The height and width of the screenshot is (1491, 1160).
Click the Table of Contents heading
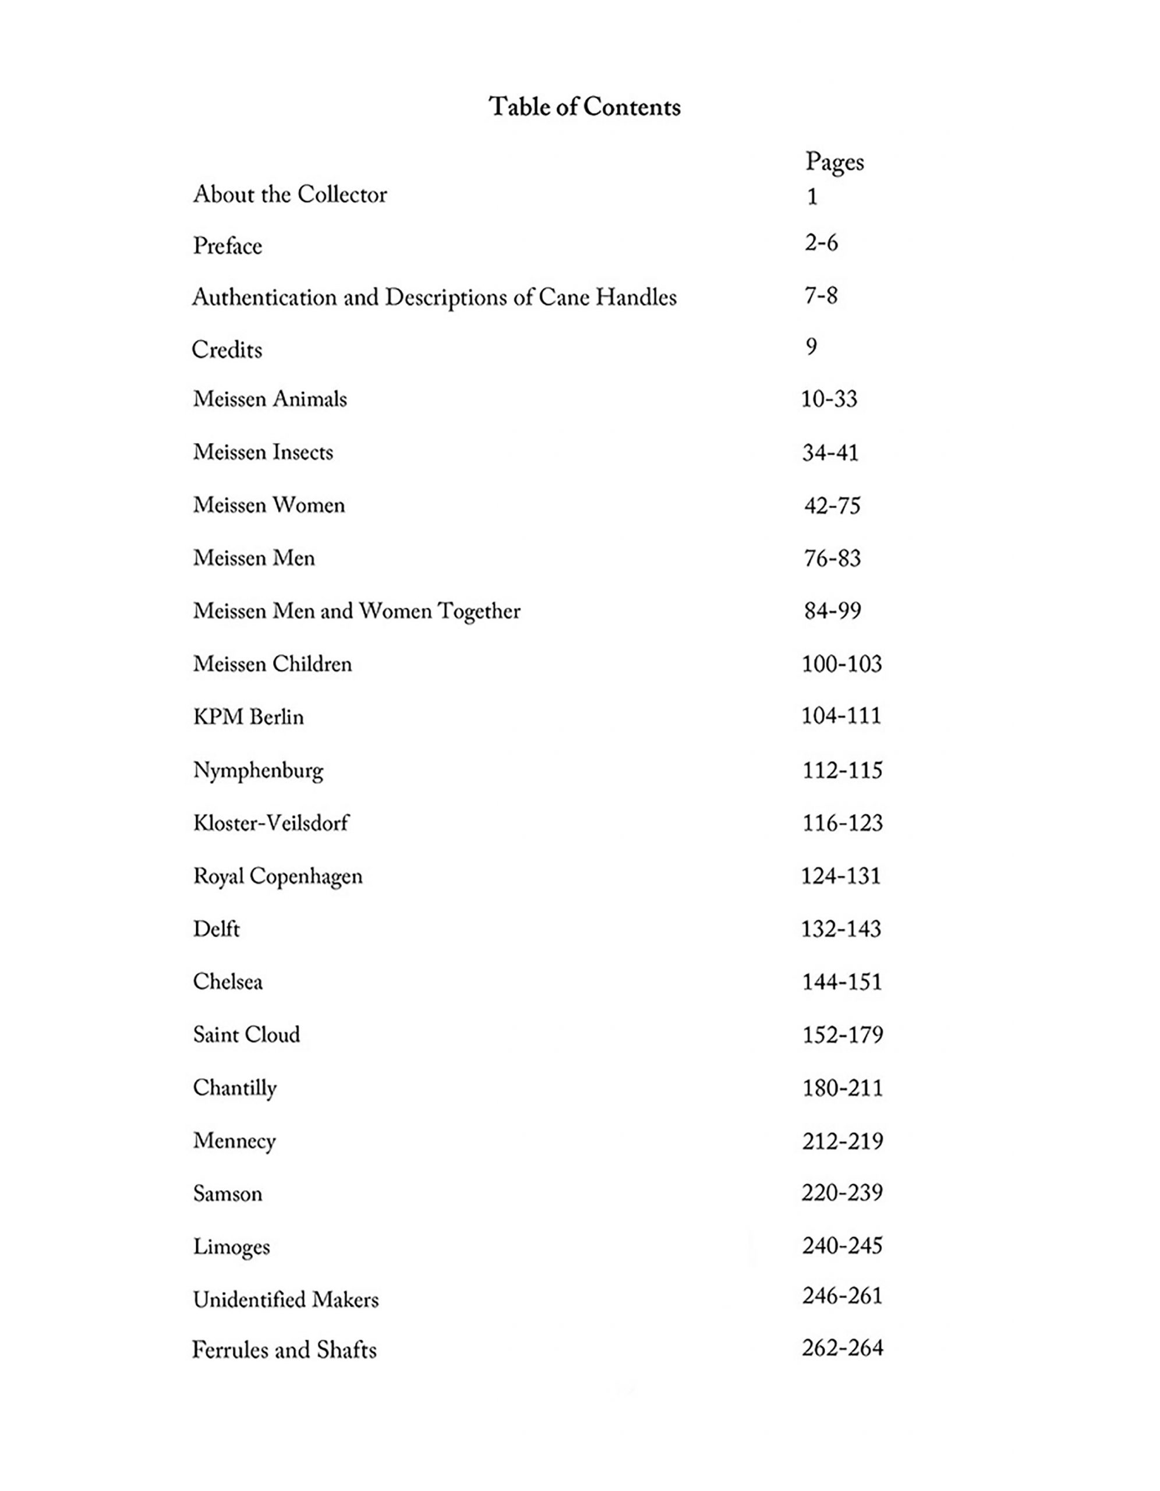point(585,107)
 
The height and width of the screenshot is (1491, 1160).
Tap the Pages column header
point(834,162)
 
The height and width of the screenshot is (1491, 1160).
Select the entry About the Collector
point(290,195)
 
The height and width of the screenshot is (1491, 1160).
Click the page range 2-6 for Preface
point(821,243)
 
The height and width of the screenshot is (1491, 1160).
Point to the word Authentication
point(264,297)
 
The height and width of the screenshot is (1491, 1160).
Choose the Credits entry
point(227,349)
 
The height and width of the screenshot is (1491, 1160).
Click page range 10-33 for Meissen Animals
point(829,399)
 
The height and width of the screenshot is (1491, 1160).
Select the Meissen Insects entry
point(263,452)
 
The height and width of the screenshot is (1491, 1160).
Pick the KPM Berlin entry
point(249,717)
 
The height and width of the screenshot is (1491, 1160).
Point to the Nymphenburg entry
point(258,771)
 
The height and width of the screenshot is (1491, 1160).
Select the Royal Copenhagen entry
point(278,877)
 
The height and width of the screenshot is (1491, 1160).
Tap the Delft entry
point(217,929)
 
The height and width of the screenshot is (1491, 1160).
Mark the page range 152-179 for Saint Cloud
point(843,1035)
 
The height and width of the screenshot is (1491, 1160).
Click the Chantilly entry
point(235,1088)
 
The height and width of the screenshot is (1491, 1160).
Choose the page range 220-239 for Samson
point(843,1193)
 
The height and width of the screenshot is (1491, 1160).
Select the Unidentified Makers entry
point(285,1299)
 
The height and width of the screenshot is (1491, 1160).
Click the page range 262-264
point(843,1348)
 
